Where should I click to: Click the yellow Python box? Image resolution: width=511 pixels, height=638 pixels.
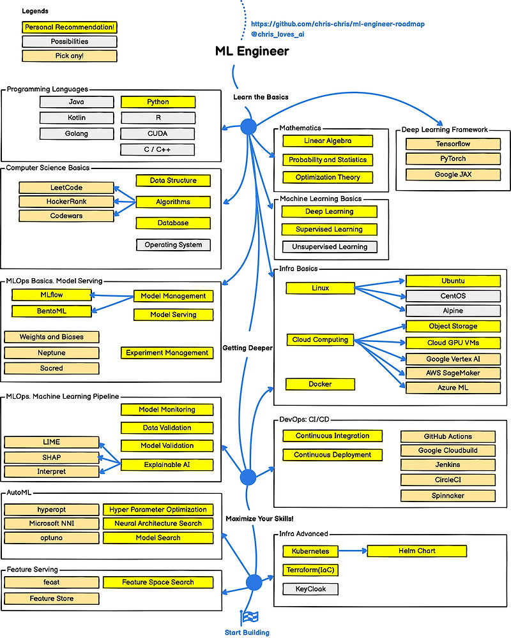[158, 102]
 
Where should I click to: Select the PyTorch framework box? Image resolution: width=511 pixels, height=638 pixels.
[452, 159]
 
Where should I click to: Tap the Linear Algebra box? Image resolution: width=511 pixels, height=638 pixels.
[327, 141]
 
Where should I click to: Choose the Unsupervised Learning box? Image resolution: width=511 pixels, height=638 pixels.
[329, 247]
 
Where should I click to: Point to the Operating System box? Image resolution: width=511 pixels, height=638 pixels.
[172, 245]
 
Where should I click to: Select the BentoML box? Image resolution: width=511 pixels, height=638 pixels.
[50, 311]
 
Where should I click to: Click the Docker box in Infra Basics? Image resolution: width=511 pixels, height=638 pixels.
[320, 384]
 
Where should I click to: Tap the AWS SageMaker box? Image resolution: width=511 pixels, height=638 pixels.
[453, 373]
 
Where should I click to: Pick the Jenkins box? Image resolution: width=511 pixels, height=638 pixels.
[448, 466]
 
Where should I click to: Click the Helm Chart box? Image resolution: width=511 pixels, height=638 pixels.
[417, 551]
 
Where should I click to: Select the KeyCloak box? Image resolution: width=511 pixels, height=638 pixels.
[310, 589]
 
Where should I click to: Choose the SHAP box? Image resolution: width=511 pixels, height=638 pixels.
[51, 457]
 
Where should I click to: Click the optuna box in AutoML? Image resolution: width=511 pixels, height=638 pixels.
[51, 538]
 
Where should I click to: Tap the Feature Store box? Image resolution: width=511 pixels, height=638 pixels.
[51, 598]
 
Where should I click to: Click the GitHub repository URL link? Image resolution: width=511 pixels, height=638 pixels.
[338, 24]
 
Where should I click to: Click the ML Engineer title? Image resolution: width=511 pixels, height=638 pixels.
[252, 52]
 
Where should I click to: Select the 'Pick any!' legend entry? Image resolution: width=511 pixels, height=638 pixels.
[70, 56]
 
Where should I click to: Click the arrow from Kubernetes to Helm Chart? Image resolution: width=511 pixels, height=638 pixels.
[351, 551]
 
